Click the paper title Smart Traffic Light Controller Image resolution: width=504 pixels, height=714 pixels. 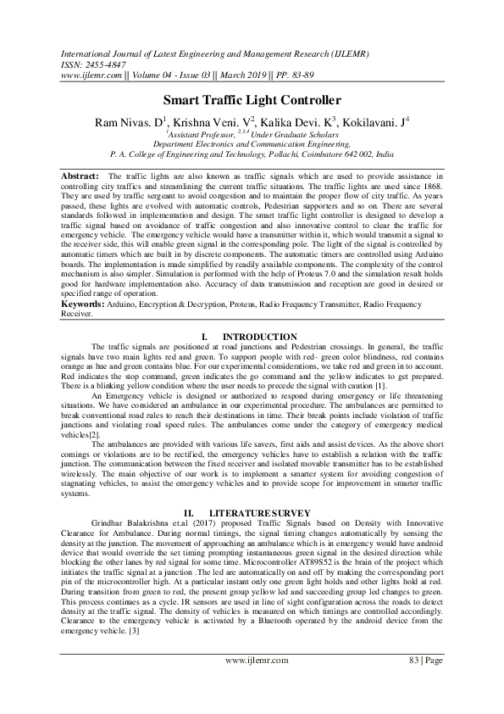click(x=252, y=99)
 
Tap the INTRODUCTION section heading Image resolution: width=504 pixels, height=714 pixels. click(x=264, y=337)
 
